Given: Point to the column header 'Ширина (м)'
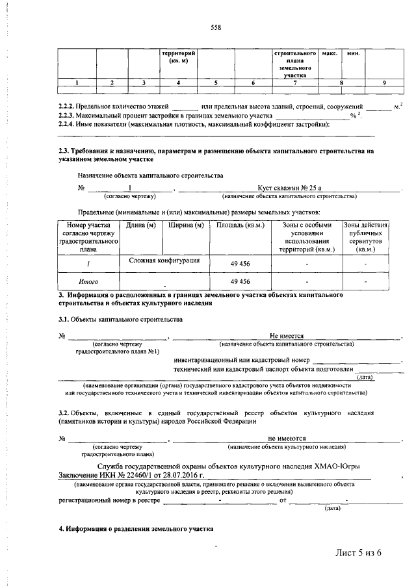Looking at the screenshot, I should (186, 225).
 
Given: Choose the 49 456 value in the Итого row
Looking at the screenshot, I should (240, 281).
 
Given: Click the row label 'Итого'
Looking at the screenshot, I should (88, 281).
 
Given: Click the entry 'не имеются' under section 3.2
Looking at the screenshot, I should (287, 439).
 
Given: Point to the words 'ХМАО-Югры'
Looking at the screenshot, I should (337, 467).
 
